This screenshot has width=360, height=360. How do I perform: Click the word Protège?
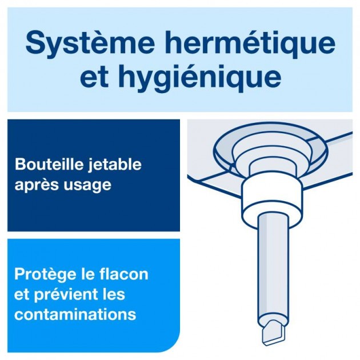pyautogui.click(x=43, y=274)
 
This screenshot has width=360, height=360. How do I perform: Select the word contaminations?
pyautogui.click(x=75, y=314)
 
